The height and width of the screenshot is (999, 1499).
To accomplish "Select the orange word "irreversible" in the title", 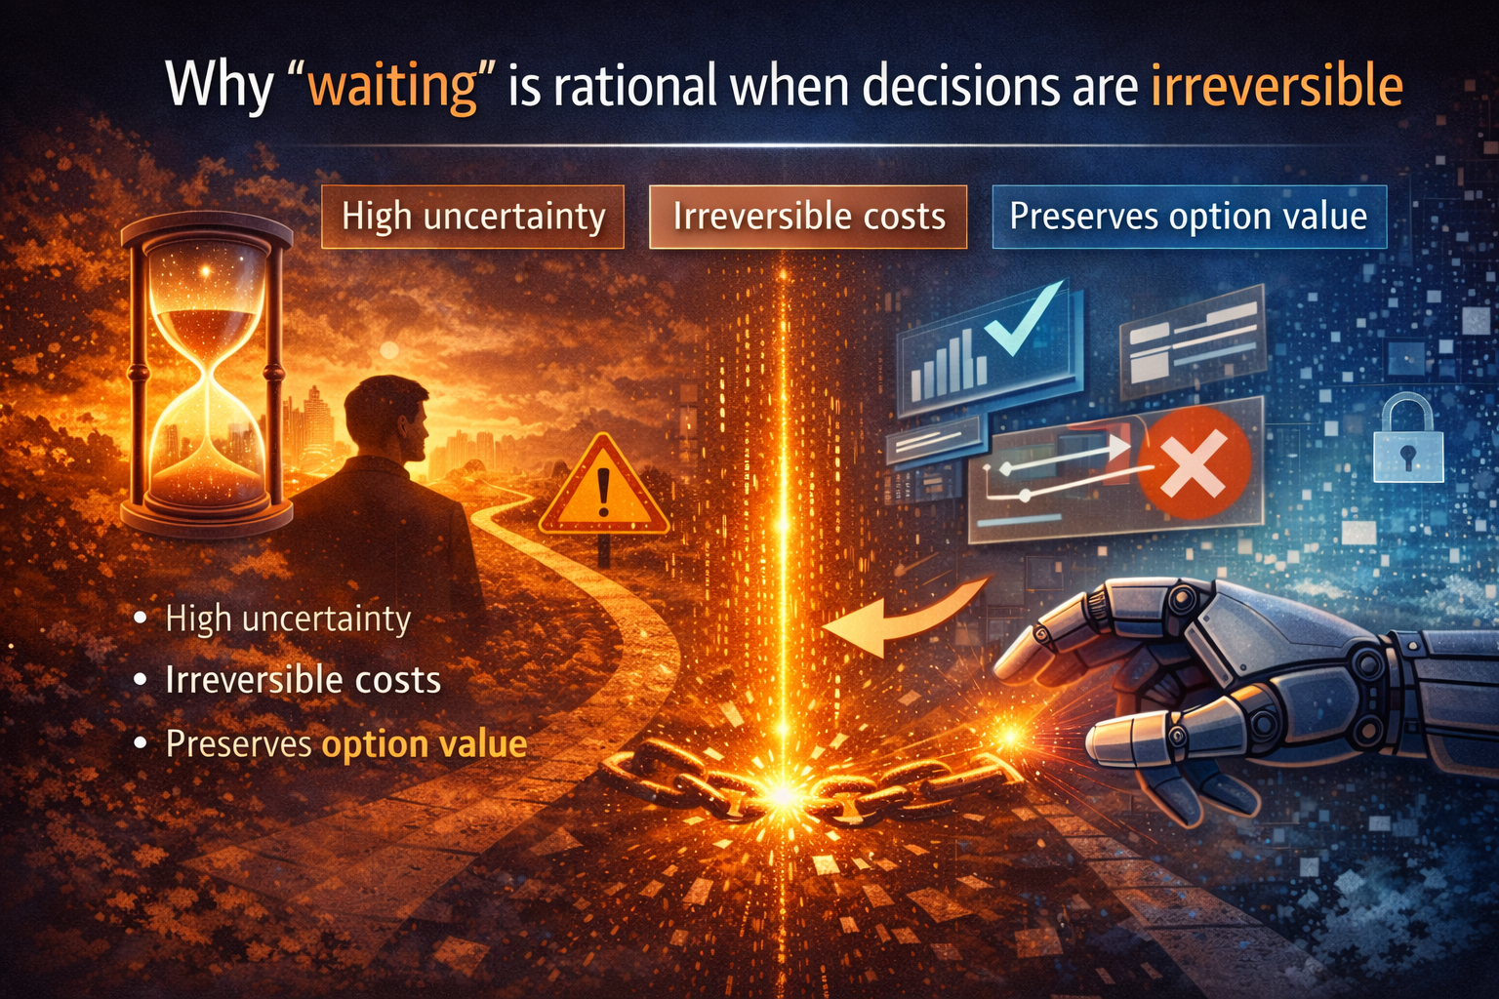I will (x=1276, y=86).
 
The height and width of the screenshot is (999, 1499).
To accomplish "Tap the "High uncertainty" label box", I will (x=472, y=217).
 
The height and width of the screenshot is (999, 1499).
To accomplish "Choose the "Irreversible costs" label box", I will (x=808, y=217).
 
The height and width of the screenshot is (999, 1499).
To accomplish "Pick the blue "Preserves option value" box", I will (x=1188, y=217).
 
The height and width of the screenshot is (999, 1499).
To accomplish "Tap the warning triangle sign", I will (x=603, y=488).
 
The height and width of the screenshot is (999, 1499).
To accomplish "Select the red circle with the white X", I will (x=1194, y=461).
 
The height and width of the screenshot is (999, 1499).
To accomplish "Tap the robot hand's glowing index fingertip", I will (x=1010, y=734).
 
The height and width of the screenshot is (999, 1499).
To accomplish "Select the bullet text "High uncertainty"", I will (x=288, y=619).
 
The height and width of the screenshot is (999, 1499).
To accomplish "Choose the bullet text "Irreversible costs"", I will (x=303, y=680).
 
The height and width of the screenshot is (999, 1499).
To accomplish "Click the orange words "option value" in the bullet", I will (x=425, y=744).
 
